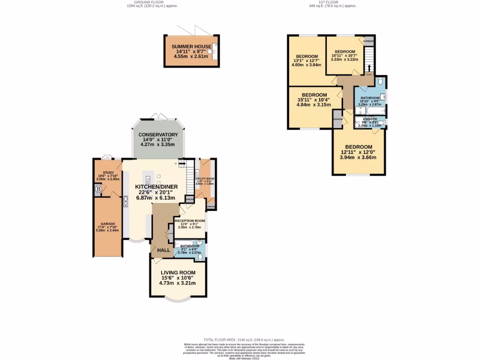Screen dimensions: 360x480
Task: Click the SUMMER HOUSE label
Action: (191, 46)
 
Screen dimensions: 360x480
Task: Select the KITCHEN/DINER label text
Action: (156, 187)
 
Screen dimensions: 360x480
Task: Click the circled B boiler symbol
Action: (98, 190)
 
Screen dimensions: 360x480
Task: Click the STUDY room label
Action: (108, 172)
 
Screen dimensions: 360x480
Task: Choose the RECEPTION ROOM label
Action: (190, 221)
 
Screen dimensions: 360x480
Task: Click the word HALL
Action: (164, 250)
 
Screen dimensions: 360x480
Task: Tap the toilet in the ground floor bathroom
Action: (201, 256)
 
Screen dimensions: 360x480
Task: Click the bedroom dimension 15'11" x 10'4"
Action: (315, 100)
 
